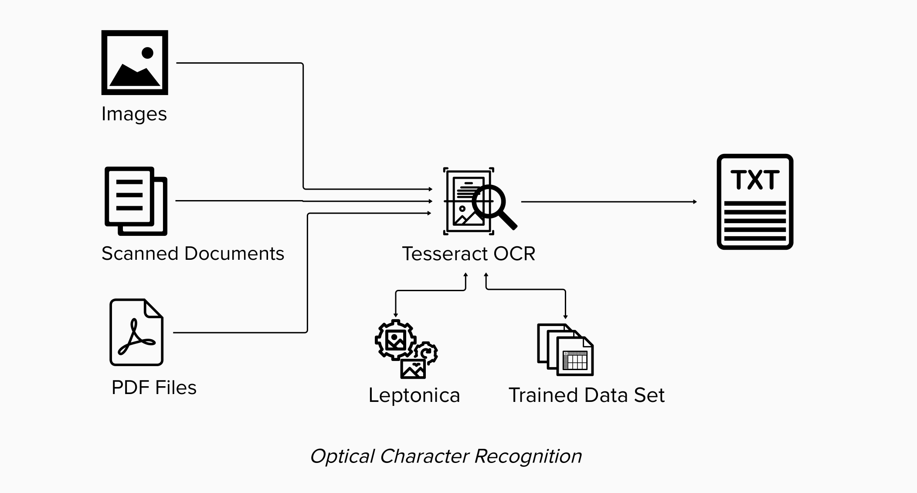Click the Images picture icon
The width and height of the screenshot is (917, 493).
tap(135, 62)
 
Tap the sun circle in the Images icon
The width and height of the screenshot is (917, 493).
tap(148, 53)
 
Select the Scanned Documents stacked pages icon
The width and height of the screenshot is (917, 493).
tap(136, 201)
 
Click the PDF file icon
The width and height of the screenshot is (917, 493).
tap(136, 332)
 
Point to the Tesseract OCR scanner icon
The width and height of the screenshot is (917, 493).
tap(480, 201)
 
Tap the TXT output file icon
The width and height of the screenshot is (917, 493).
tap(755, 201)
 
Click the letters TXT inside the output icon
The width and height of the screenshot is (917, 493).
tap(755, 180)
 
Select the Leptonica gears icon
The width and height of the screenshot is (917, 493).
tap(406, 349)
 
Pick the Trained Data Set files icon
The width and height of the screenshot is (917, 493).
tap(565, 350)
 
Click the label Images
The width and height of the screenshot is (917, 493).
tap(134, 114)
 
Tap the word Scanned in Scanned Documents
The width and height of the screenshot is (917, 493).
tap(139, 253)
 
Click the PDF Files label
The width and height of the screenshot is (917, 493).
tap(154, 387)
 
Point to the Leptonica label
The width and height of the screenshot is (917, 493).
tap(414, 395)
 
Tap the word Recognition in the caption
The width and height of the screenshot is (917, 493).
tap(528, 456)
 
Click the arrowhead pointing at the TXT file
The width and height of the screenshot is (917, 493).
tap(695, 202)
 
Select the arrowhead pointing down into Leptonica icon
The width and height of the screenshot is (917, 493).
tap(396, 315)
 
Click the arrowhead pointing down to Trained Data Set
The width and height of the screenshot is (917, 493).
tap(565, 317)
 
